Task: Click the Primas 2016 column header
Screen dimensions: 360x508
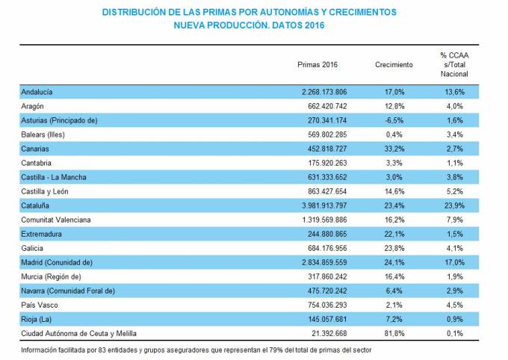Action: (317, 65)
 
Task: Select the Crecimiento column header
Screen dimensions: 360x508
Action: (394, 65)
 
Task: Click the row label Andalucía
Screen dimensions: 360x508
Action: (38, 92)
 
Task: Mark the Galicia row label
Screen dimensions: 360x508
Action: (34, 248)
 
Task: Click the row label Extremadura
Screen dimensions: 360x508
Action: (43, 234)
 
